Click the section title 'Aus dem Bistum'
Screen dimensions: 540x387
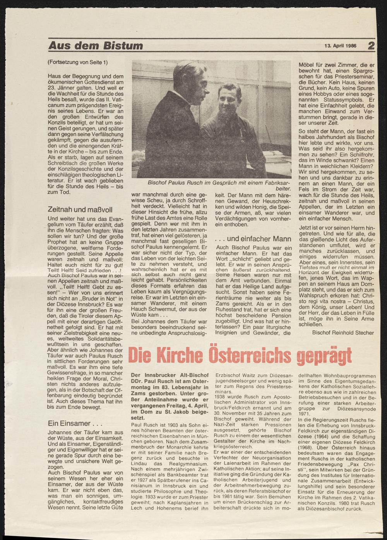coord(95,46)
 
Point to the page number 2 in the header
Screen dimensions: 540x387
coord(371,46)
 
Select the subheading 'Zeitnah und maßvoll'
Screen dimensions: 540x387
coord(80,210)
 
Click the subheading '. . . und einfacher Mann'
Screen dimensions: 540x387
coord(252,239)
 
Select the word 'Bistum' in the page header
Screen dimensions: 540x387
coord(123,46)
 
